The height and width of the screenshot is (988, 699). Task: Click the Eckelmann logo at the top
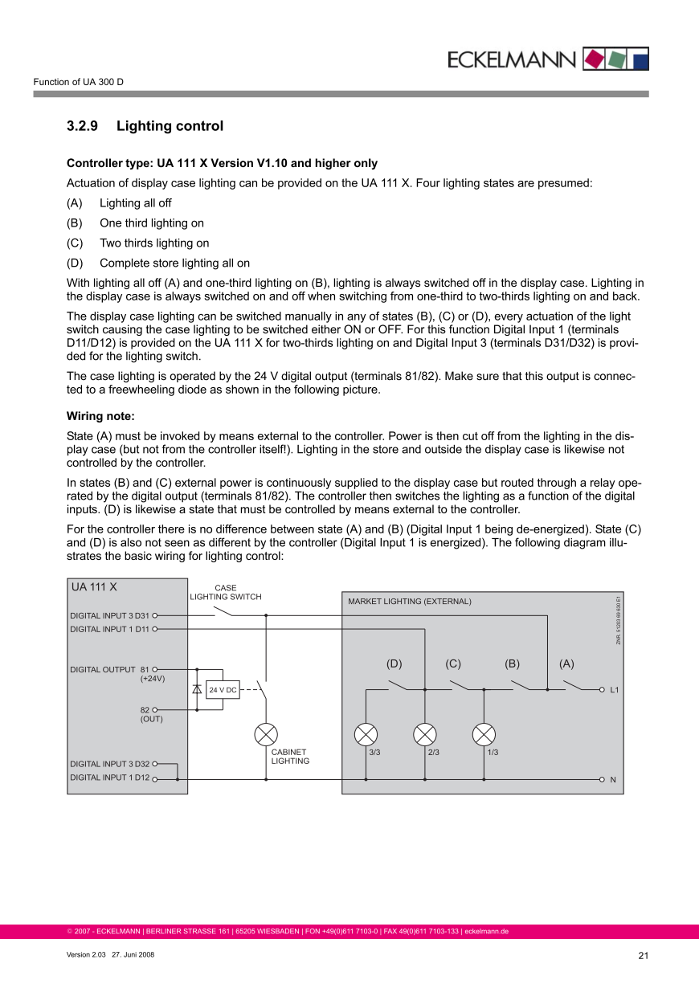coord(547,59)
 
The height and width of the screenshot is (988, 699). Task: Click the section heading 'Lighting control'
coord(170,126)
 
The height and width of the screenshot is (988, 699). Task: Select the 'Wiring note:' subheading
coord(100,416)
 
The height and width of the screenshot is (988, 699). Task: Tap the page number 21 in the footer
coord(643,955)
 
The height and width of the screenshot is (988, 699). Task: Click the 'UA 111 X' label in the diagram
coord(94,587)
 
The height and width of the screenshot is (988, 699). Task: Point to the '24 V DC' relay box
coord(223,690)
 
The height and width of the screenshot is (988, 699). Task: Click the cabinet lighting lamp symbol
coord(266,734)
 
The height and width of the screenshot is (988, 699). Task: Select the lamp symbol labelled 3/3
coord(366,734)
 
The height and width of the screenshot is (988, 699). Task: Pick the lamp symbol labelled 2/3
coord(425,734)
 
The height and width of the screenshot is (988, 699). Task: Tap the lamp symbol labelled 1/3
coord(484,734)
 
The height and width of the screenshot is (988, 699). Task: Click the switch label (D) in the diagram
coord(394,663)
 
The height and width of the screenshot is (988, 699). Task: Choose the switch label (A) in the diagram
coord(567,663)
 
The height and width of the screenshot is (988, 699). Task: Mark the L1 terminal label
coord(615,690)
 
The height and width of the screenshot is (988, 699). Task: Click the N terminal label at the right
coord(613,779)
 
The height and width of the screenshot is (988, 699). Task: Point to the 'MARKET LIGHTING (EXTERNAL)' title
coord(410,601)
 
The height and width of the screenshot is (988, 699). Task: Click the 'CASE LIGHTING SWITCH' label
coord(226,593)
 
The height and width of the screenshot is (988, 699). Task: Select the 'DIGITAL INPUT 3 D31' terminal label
coord(109,615)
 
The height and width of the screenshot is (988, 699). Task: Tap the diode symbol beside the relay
coord(197,689)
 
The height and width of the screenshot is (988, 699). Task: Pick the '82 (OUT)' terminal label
coord(150,714)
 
